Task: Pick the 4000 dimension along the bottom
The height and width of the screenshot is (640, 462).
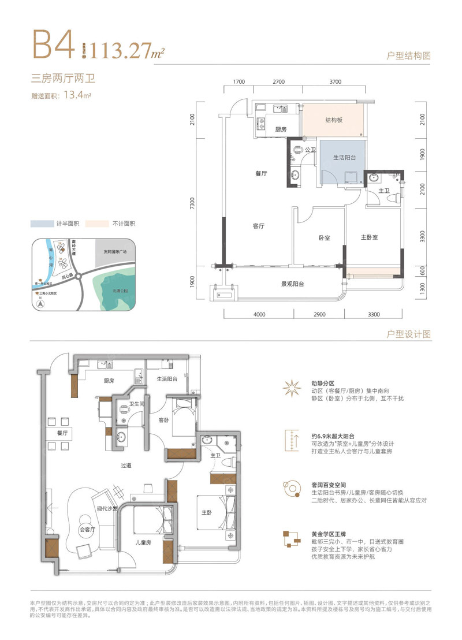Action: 258,314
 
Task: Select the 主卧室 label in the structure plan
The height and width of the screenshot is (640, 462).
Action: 369,237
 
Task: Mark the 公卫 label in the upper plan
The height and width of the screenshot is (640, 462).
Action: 310,150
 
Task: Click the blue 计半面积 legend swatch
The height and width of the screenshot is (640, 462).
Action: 42,224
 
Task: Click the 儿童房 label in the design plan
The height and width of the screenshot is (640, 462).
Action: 143,543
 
